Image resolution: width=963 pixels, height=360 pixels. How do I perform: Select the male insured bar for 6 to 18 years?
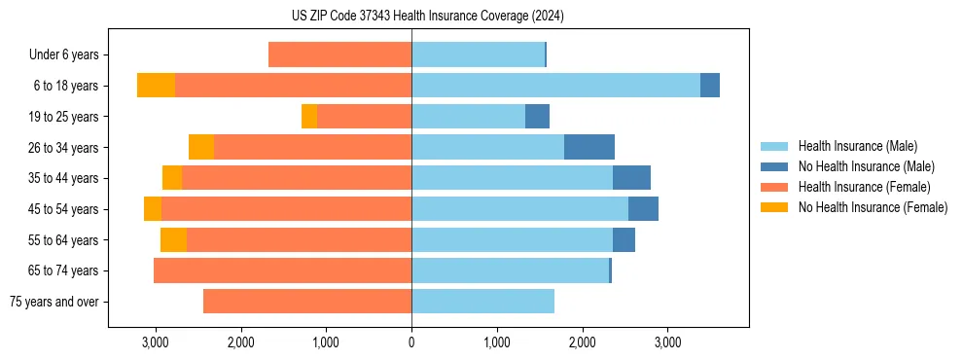[555, 86]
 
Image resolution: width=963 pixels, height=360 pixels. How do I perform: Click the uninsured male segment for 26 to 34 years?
[589, 147]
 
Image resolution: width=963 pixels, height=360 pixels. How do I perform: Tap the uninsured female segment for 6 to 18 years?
[156, 86]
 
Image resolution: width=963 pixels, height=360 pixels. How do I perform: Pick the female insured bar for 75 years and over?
[307, 302]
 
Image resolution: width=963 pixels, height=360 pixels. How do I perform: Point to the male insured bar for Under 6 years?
[478, 54]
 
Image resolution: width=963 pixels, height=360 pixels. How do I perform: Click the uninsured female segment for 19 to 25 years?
[309, 117]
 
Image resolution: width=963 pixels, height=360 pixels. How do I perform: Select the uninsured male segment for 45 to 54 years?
[643, 209]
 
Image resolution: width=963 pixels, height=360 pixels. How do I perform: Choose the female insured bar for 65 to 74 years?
[282, 270]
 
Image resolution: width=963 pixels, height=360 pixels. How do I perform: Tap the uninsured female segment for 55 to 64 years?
[173, 240]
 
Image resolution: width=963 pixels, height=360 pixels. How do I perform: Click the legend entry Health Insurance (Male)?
[857, 146]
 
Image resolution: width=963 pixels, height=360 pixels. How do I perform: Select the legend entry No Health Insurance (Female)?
[873, 207]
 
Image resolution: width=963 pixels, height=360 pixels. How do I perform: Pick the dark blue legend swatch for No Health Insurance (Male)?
[775, 166]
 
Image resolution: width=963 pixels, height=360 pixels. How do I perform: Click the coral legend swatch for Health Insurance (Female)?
[775, 187]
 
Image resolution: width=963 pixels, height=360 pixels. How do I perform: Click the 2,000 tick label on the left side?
[240, 342]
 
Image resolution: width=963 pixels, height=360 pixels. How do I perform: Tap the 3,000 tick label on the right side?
[667, 342]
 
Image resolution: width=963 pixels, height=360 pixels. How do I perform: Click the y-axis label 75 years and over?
[54, 302]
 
